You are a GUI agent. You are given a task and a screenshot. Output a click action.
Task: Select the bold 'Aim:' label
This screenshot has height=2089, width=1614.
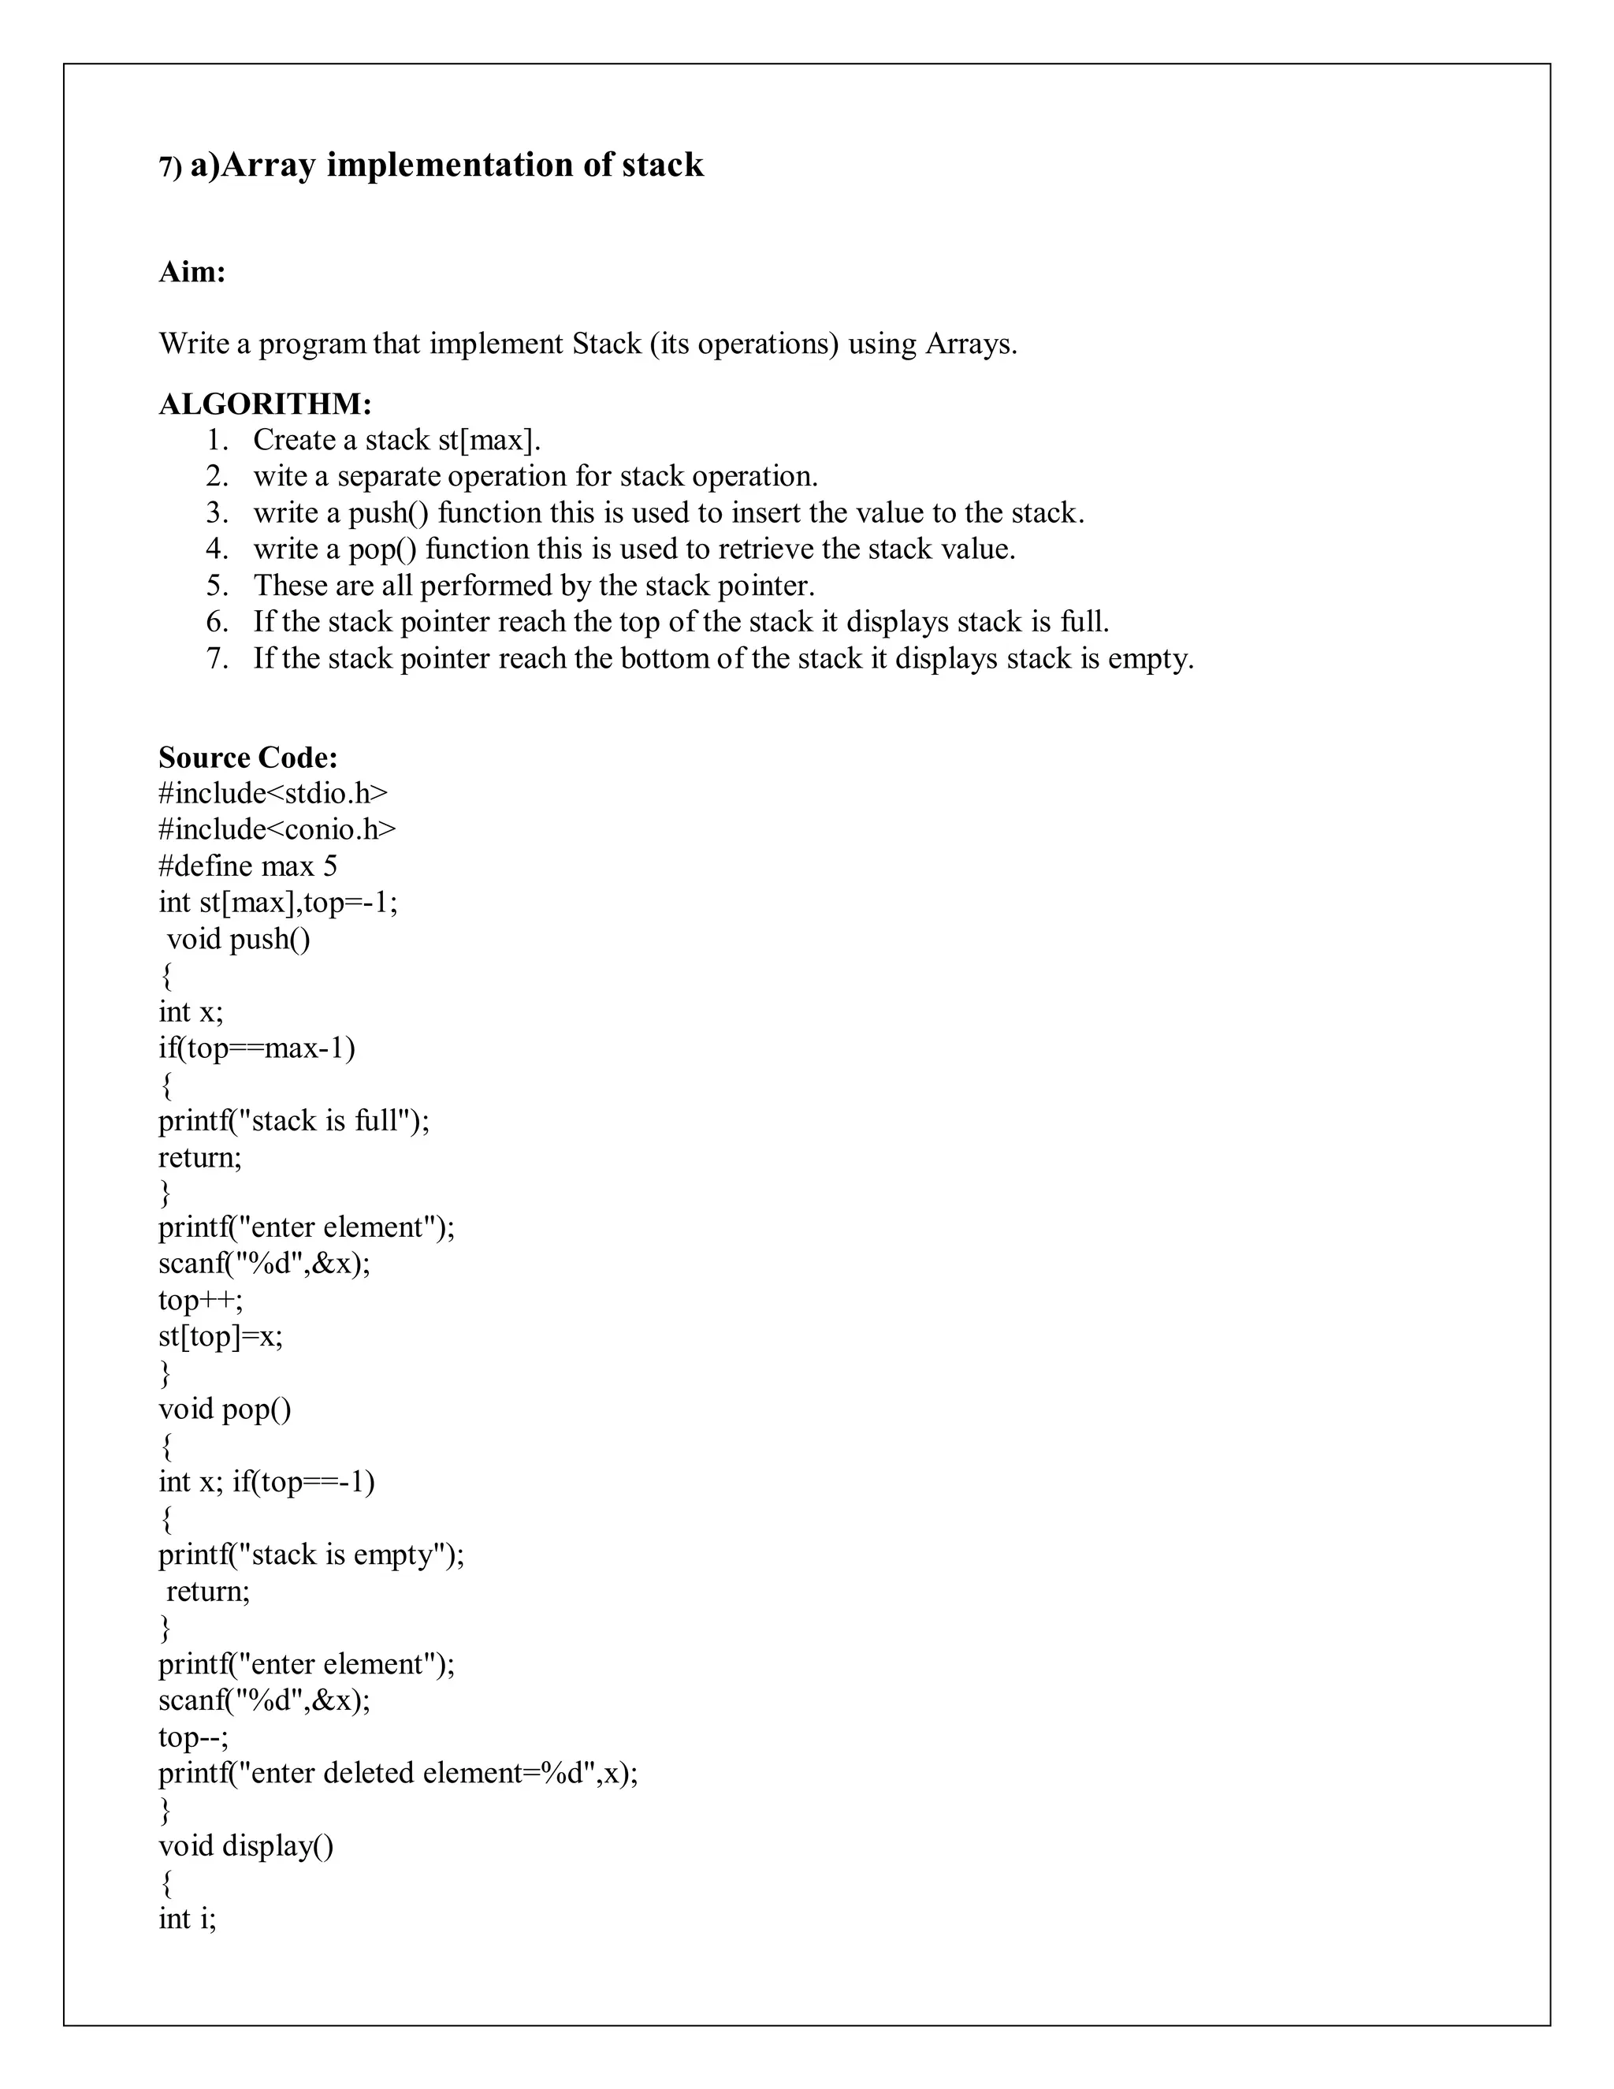coord(192,273)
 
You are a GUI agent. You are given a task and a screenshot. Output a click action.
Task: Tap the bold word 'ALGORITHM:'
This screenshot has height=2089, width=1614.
coord(265,404)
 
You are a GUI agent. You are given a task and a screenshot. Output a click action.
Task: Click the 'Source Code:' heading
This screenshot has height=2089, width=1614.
coord(247,758)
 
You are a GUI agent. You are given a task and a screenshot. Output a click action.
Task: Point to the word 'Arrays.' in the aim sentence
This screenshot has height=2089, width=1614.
coord(970,344)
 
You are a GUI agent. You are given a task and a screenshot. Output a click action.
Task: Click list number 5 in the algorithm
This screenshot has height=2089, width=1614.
coord(217,586)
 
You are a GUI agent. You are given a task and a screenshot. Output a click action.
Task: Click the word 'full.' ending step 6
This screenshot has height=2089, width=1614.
coord(1084,622)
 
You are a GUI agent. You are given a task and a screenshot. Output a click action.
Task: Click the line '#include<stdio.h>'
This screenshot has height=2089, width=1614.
coord(273,793)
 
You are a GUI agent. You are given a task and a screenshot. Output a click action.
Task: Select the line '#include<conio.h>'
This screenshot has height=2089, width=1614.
coord(277,829)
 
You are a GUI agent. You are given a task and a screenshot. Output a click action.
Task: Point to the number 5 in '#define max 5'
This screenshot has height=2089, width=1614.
coord(330,866)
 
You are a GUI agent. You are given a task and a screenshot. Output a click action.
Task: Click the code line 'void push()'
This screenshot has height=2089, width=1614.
coord(238,938)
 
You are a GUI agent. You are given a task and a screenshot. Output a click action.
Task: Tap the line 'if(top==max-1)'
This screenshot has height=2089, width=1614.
coord(256,1048)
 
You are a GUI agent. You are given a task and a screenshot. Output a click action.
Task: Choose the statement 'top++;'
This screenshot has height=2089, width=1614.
coord(201,1300)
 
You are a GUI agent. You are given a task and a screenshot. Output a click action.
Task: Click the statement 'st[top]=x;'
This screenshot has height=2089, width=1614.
coord(220,1336)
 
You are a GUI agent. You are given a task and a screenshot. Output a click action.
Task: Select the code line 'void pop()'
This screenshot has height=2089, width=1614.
coord(225,1409)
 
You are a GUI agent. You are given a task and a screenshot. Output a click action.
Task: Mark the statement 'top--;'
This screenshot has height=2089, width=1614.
coord(193,1736)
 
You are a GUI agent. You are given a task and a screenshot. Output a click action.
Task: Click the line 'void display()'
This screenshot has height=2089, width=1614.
coord(246,1845)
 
